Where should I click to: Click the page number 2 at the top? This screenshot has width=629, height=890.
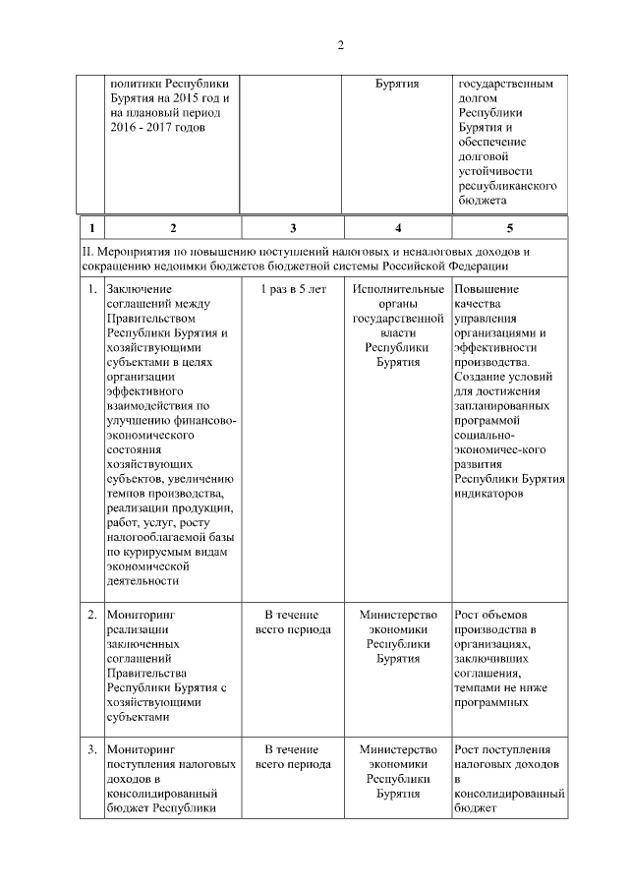340,44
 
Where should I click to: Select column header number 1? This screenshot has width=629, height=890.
90,228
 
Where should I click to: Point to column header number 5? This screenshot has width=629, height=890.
509,228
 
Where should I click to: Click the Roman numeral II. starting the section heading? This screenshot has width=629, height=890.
87,253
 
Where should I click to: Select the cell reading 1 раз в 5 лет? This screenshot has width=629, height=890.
292,290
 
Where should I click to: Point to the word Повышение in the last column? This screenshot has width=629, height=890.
487,290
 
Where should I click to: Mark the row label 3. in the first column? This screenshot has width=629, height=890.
90,749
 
